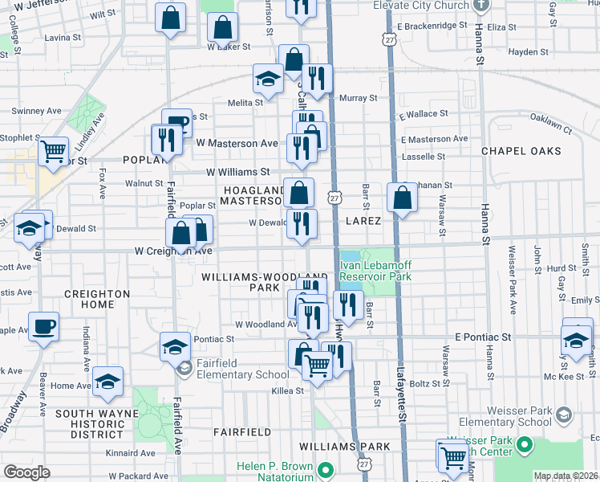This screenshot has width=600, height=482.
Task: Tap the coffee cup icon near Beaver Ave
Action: click(x=43, y=328)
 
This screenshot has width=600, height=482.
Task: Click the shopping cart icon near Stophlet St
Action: click(x=54, y=150)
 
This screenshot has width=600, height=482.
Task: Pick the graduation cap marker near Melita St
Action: click(x=268, y=79)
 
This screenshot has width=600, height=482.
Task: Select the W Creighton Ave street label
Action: click(x=173, y=251)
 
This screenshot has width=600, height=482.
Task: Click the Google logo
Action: click(x=26, y=472)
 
